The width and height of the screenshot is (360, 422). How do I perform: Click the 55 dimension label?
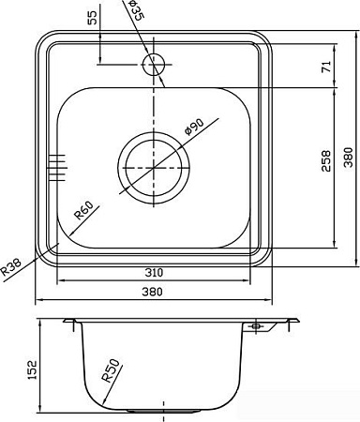point(93,17)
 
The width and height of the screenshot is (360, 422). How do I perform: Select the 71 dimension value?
point(326,67)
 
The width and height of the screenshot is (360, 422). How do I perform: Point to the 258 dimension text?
point(326,160)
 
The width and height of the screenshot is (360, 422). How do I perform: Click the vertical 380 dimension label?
point(348,158)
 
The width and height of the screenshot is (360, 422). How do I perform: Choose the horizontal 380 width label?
point(153,292)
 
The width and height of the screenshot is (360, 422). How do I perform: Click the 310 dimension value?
point(154,273)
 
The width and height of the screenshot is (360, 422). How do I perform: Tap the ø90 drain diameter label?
point(194,127)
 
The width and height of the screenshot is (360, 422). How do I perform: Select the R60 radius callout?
point(83,210)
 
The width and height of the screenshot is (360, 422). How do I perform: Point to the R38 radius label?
point(11,266)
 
